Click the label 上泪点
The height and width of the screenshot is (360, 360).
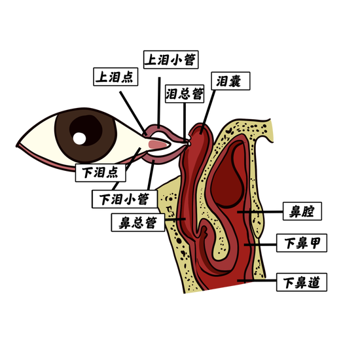click(x=115, y=77)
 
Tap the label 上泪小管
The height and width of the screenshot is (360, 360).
click(x=171, y=60)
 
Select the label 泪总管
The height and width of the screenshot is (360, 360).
click(x=185, y=94)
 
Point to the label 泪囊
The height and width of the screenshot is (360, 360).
click(x=230, y=81)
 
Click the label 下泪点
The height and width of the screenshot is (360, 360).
click(x=101, y=173)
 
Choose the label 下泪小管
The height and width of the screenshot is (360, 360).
click(x=124, y=199)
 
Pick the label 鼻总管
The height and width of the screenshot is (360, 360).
click(x=138, y=223)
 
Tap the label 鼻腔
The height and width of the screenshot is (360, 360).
click(x=302, y=211)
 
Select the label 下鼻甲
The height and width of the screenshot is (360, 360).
click(x=302, y=243)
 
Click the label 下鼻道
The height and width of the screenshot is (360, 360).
click(x=302, y=282)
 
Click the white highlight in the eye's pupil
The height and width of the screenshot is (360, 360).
click(x=79, y=139)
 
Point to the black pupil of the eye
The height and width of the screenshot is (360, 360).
click(x=86, y=130)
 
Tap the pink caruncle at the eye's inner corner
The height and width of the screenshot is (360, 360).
click(x=158, y=145)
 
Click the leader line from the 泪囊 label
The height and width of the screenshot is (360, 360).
click(x=207, y=112)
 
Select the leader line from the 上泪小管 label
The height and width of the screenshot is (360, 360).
click(x=159, y=102)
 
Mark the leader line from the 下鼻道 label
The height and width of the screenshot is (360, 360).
click(x=257, y=281)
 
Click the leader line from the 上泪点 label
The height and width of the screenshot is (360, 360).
click(x=133, y=113)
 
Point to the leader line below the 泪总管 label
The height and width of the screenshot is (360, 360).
click(x=185, y=121)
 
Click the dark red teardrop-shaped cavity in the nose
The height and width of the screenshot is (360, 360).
click(x=227, y=175)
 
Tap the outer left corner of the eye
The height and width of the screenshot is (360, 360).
click(x=16, y=145)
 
